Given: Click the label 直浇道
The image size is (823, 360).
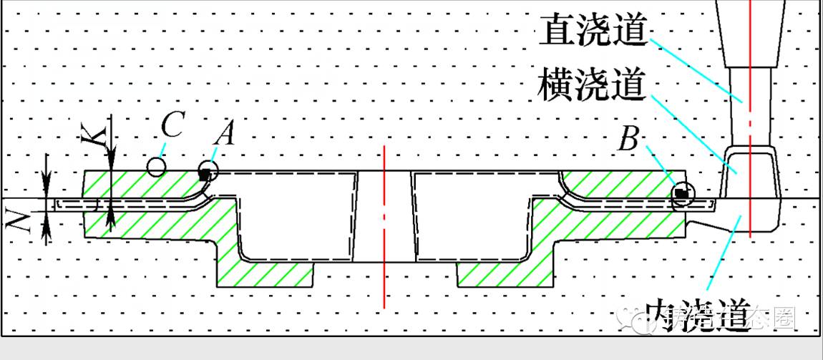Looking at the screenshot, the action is [x=595, y=31].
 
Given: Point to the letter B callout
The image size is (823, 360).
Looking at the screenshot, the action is [x=628, y=140].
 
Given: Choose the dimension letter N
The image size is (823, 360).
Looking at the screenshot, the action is [x=18, y=215].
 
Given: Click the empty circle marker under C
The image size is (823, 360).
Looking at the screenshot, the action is [x=156, y=167].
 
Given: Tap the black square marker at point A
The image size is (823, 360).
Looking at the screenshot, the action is [x=205, y=173].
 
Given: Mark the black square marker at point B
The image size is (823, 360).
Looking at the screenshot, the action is [x=681, y=192].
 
